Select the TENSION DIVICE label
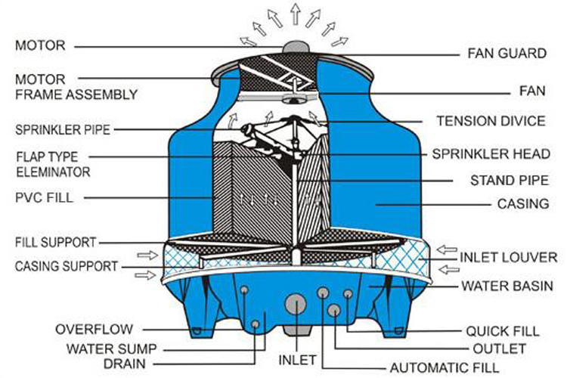pos(482,121)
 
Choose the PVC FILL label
pos(40,198)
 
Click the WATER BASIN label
pos(508,287)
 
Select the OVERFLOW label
pos(94,329)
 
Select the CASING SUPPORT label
pos(67,266)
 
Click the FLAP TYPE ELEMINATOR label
pos(52,165)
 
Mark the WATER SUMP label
pos(112,349)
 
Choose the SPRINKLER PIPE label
pos(63,129)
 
